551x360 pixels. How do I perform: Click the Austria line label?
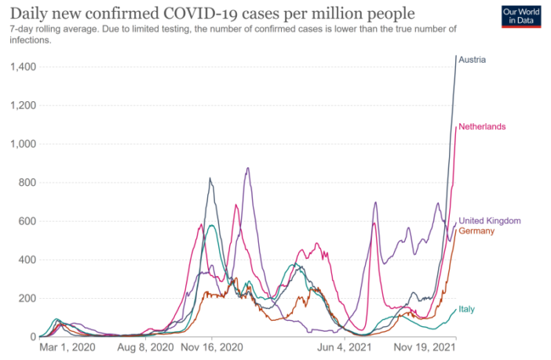coord(474,60)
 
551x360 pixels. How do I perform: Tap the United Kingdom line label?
coord(490,221)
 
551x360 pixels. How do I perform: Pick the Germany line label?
coord(477,231)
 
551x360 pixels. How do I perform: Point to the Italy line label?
coord(466,310)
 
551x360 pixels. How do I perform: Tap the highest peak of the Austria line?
coord(456,56)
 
